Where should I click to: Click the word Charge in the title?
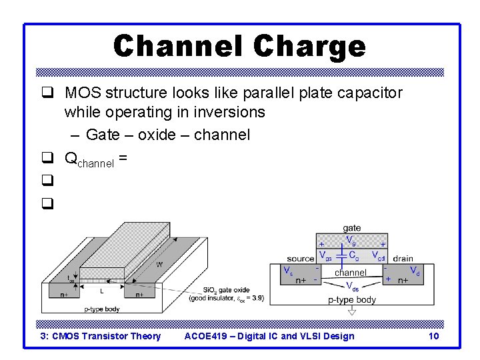pos(310,46)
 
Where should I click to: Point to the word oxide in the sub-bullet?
pos(153,135)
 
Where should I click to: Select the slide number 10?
pos(433,336)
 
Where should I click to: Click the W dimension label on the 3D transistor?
pos(159,265)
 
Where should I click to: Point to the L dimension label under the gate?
pos(101,291)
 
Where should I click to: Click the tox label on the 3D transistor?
pos(71,279)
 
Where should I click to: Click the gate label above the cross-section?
pos(351,228)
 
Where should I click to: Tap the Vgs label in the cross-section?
pos(325,256)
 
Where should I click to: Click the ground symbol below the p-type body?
pos(352,311)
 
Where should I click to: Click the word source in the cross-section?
pos(301,259)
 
